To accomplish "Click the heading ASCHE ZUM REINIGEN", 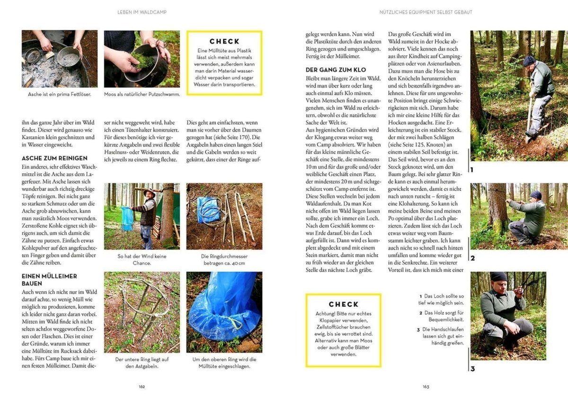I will point(54,158).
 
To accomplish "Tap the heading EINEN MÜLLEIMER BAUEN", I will point(49,279).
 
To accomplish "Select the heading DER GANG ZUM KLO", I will point(336,70).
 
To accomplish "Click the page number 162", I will point(142,386).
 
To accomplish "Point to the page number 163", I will point(426,386).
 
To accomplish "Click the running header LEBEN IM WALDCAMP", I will point(142,12).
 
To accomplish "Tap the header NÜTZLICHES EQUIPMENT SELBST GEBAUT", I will point(426,12).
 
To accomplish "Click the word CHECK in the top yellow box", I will point(224,41).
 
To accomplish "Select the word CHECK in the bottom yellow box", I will point(343,304).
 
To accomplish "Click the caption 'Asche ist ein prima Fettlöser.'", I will point(60,94).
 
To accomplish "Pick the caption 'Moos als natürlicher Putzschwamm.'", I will point(142,94).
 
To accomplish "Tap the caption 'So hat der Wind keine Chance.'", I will point(142,259).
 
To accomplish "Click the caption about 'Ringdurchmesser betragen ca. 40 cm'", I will point(224,259).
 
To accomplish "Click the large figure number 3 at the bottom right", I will point(472,369).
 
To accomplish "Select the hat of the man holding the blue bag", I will point(150,191).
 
